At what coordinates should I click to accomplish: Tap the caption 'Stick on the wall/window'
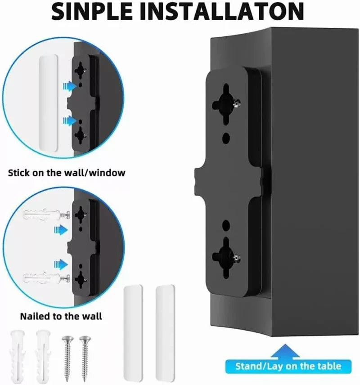pos(67,172)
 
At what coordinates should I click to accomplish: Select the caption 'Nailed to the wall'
pos(61,316)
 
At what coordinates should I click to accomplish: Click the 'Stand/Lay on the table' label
pos(288,366)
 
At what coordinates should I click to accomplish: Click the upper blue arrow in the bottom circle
pos(60,229)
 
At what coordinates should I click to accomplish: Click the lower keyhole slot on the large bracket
pos(226,253)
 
